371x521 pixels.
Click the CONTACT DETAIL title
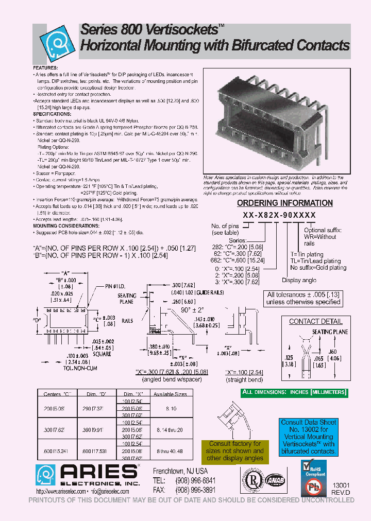315,321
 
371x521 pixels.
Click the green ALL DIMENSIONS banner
295,392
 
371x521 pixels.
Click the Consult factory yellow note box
234,451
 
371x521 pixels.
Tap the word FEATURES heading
46,68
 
